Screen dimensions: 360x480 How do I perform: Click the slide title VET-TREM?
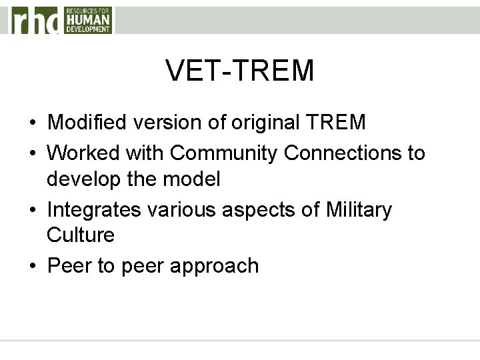(240, 71)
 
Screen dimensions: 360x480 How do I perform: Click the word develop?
(85, 180)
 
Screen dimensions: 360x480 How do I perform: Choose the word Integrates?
(94, 210)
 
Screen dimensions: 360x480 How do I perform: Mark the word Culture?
(81, 235)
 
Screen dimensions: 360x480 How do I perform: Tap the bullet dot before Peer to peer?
(32, 267)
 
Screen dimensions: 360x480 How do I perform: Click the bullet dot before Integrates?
(32, 211)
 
